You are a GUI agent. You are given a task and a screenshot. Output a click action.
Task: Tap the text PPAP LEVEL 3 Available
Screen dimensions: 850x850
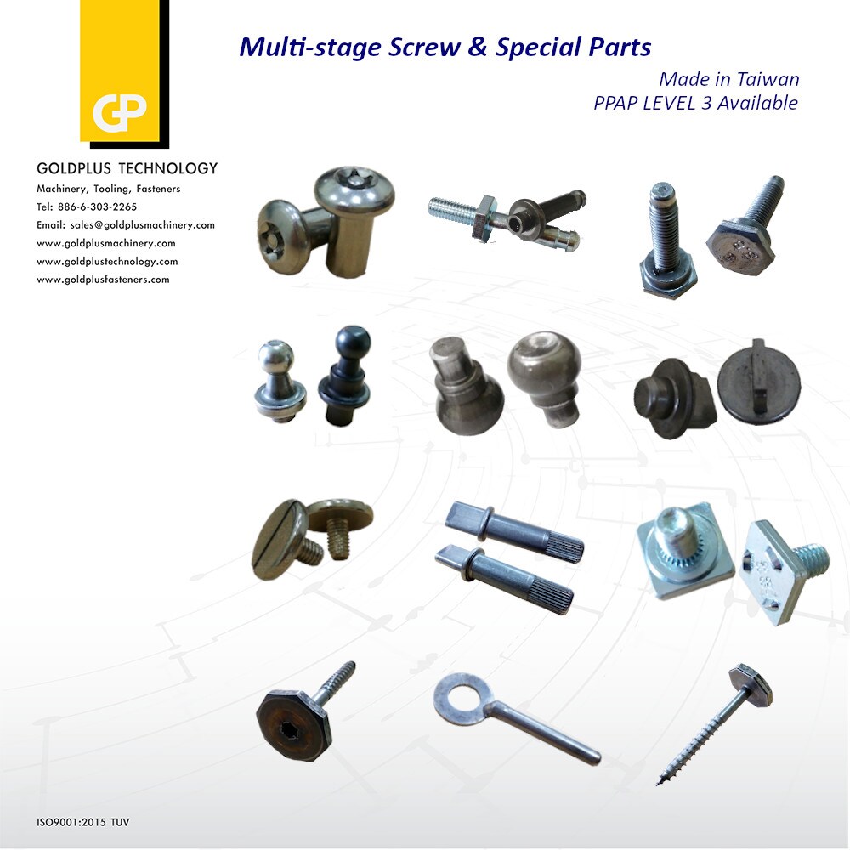[695, 103]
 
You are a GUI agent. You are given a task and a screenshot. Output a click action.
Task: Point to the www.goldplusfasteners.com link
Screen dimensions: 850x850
[103, 279]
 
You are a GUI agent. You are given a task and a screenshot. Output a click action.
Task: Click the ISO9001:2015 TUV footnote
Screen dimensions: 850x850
[82, 822]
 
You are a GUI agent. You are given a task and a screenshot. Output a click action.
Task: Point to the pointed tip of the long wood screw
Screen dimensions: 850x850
[661, 779]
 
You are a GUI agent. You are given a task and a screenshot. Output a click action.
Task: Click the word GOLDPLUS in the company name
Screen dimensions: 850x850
[71, 168]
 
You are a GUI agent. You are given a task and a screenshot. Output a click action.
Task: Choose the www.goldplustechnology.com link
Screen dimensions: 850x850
[107, 261]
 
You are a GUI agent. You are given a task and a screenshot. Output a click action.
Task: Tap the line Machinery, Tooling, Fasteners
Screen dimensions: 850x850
[108, 189]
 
